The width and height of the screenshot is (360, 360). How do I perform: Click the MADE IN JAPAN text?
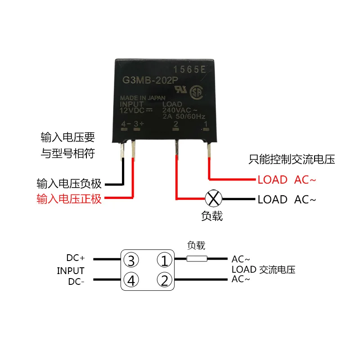[x=142, y=98]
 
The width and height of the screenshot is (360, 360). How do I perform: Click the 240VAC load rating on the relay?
[x=180, y=111]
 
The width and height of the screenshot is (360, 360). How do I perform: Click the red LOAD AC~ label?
[x=287, y=180]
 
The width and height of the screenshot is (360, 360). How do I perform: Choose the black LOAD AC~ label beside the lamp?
[x=287, y=199]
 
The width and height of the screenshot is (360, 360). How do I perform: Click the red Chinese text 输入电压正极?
[x=69, y=198]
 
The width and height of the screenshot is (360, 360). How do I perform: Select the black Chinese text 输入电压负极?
[x=69, y=184]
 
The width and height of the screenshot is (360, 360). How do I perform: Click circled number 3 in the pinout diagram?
[x=131, y=260]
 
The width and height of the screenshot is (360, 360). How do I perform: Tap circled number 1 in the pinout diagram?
[x=165, y=260]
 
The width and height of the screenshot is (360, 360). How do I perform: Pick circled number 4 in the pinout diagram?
[x=131, y=281]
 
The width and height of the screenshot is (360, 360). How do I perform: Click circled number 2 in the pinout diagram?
[x=165, y=281]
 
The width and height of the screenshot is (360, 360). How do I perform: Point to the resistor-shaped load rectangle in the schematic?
[x=197, y=259]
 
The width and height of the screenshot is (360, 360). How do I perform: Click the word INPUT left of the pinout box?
[x=71, y=270]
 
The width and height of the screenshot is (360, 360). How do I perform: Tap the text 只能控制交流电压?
[x=292, y=159]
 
